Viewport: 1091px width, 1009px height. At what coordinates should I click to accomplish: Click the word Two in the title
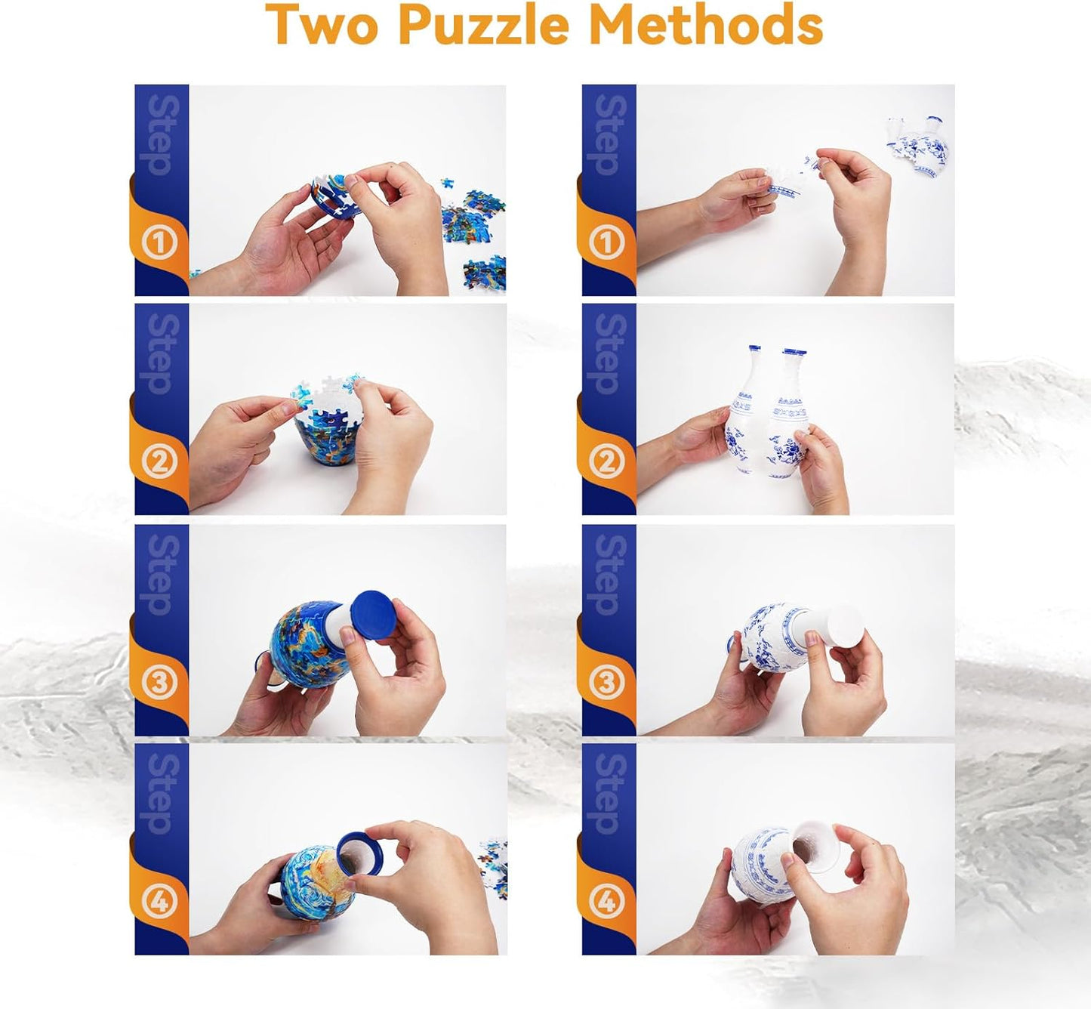(x=321, y=25)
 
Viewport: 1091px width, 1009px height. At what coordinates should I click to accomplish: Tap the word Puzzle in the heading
(x=483, y=25)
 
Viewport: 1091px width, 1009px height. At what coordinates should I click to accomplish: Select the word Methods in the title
(x=705, y=25)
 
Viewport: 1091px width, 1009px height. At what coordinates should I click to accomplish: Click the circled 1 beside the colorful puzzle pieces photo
(x=159, y=243)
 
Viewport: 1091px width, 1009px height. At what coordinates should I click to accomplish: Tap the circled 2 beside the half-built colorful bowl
(x=159, y=462)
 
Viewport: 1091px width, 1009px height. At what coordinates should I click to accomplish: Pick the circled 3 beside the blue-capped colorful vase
(x=159, y=683)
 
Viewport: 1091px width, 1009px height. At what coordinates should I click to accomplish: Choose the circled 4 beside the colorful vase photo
(x=159, y=902)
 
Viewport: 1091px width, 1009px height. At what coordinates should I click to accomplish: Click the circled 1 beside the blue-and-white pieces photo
(x=606, y=243)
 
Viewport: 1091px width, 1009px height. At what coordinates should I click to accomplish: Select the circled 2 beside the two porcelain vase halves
(x=606, y=462)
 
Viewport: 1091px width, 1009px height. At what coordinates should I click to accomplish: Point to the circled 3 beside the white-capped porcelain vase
(x=606, y=683)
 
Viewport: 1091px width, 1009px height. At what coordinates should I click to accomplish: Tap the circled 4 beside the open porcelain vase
(x=606, y=902)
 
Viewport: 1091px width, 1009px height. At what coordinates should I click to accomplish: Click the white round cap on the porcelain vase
(x=843, y=624)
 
